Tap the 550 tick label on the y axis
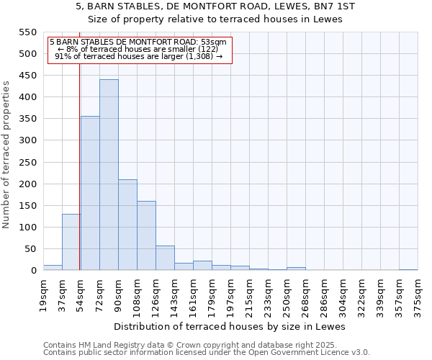(27, 32)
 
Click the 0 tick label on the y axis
(33, 271)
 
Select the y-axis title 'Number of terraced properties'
(6, 155)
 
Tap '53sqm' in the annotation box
(215, 42)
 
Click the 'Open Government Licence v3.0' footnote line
(207, 352)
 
